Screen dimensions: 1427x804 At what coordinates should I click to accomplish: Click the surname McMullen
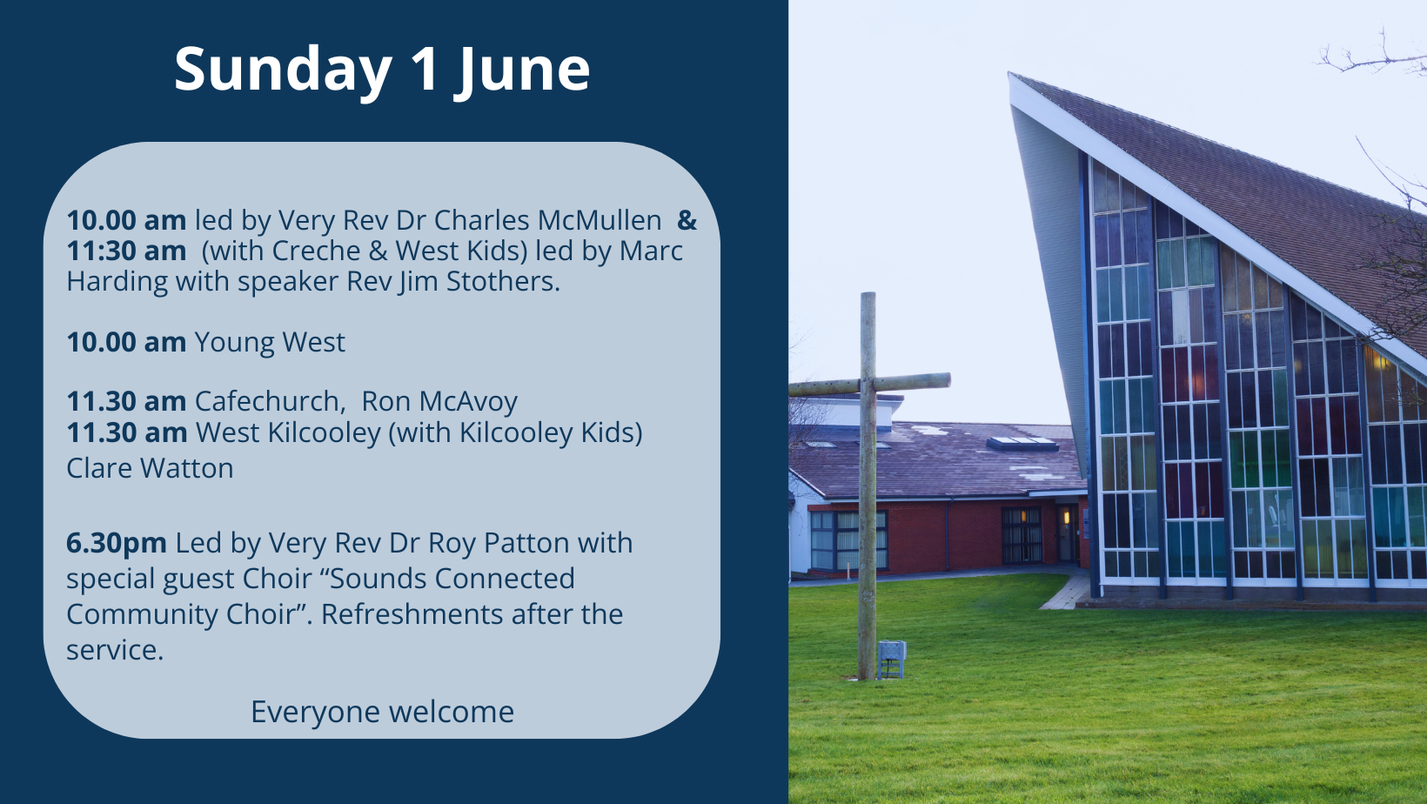pos(600,220)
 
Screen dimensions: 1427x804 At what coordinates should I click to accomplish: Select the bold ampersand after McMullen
pos(687,220)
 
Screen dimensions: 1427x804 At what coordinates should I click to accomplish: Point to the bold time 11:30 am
pos(126,251)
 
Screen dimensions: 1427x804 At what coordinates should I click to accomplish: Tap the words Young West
pos(270,342)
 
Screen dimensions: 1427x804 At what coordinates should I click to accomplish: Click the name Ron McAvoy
pos(439,401)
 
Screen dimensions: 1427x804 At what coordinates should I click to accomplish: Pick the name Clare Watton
pos(150,468)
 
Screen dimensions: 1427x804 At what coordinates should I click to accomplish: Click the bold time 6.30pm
pos(117,544)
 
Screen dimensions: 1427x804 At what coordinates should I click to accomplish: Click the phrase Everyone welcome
pos(382,712)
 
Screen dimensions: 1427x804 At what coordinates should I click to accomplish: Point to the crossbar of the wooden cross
pos(869,384)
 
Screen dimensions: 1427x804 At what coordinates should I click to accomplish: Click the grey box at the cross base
pos(891,660)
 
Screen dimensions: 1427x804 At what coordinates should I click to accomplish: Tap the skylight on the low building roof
pos(1022,444)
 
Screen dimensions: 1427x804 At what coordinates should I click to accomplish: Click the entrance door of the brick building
pos(1066,533)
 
